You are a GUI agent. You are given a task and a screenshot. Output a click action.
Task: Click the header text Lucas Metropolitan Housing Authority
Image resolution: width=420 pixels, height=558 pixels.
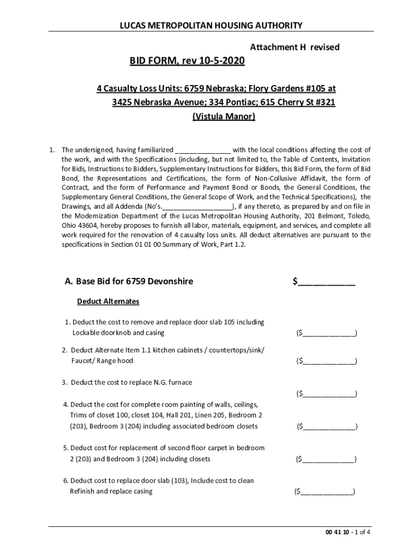tap(210, 25)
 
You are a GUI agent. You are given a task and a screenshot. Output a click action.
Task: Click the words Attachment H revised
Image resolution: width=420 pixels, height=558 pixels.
tap(295, 47)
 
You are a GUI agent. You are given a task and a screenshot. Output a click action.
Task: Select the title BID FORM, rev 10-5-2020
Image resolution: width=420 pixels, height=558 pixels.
tap(187, 62)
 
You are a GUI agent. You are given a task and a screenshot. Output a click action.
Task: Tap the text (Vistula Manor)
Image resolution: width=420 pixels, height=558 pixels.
tap(224, 117)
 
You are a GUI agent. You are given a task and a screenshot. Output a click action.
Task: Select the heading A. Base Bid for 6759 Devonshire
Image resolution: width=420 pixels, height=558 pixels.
tap(129, 282)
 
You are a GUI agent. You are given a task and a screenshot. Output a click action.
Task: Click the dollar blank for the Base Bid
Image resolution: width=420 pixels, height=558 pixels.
tap(327, 282)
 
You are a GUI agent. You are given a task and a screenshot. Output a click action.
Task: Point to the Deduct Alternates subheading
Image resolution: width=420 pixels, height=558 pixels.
tap(108, 301)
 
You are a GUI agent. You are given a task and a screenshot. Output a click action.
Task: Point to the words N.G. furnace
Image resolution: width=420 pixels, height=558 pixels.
tap(173, 383)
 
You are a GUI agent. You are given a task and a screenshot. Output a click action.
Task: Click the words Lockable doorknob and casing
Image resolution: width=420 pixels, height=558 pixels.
tap(118, 333)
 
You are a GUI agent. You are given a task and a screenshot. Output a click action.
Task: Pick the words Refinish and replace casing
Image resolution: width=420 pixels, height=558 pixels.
tap(111, 492)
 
